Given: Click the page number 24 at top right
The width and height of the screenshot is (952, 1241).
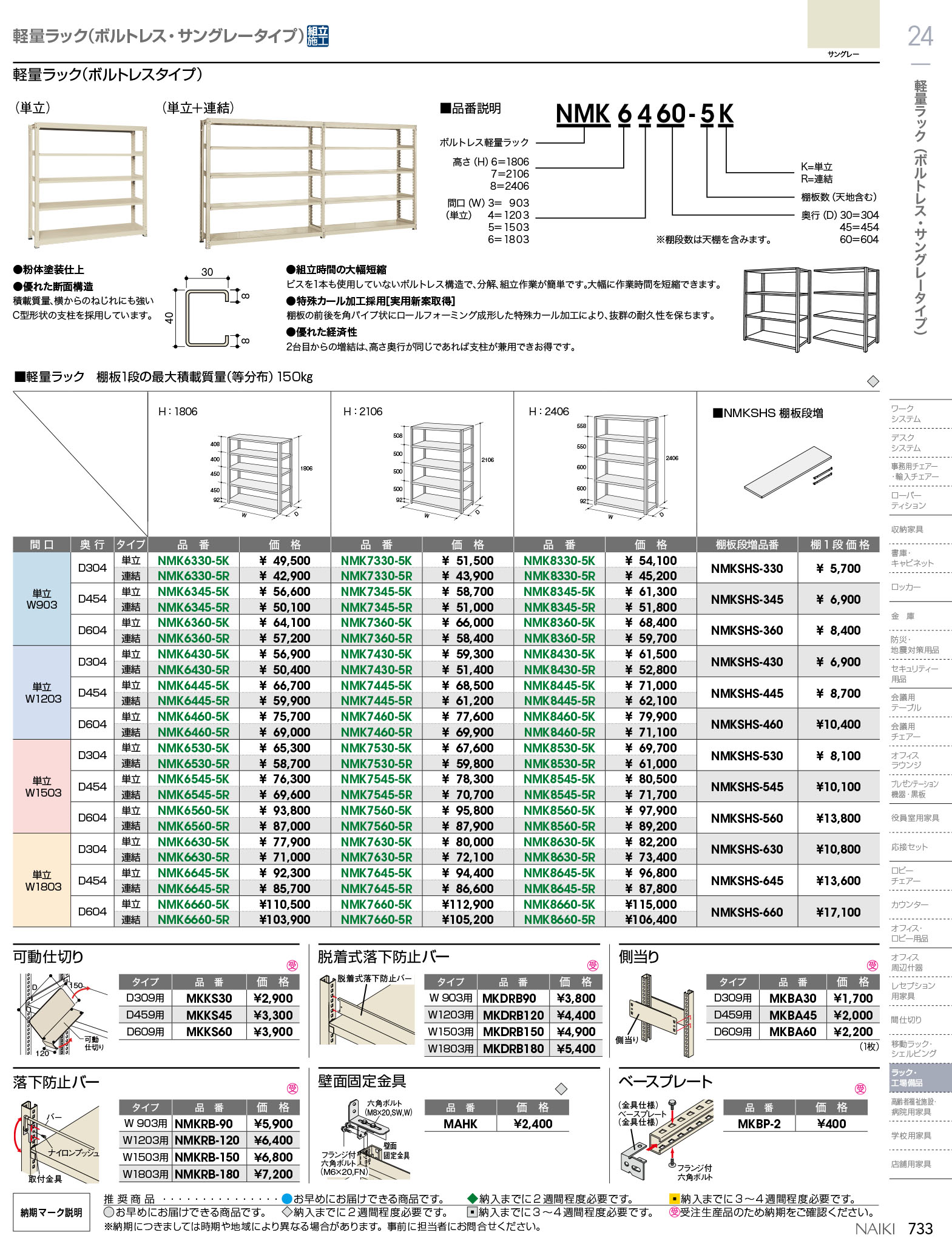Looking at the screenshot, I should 920,36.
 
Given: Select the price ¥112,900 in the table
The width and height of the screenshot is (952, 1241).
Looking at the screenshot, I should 467,905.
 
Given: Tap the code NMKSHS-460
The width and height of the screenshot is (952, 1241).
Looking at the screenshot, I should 747,724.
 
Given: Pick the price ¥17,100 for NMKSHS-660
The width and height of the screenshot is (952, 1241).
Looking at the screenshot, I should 838,912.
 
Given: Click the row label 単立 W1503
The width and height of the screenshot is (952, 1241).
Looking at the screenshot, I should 42,786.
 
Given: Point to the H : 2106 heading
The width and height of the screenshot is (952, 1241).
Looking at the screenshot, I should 363,412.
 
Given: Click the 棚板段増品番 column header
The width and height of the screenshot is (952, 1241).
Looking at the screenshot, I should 747,545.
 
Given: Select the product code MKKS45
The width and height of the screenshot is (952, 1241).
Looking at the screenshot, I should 209,1015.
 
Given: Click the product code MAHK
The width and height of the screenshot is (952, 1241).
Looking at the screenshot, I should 460,1124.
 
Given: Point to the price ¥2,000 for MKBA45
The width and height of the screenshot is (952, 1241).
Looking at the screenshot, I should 852,1015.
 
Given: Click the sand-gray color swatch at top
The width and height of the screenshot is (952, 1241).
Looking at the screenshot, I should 843,24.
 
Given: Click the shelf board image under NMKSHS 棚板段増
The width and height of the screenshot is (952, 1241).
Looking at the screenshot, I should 786,472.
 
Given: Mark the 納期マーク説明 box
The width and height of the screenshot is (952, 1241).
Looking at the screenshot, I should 52,1213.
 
